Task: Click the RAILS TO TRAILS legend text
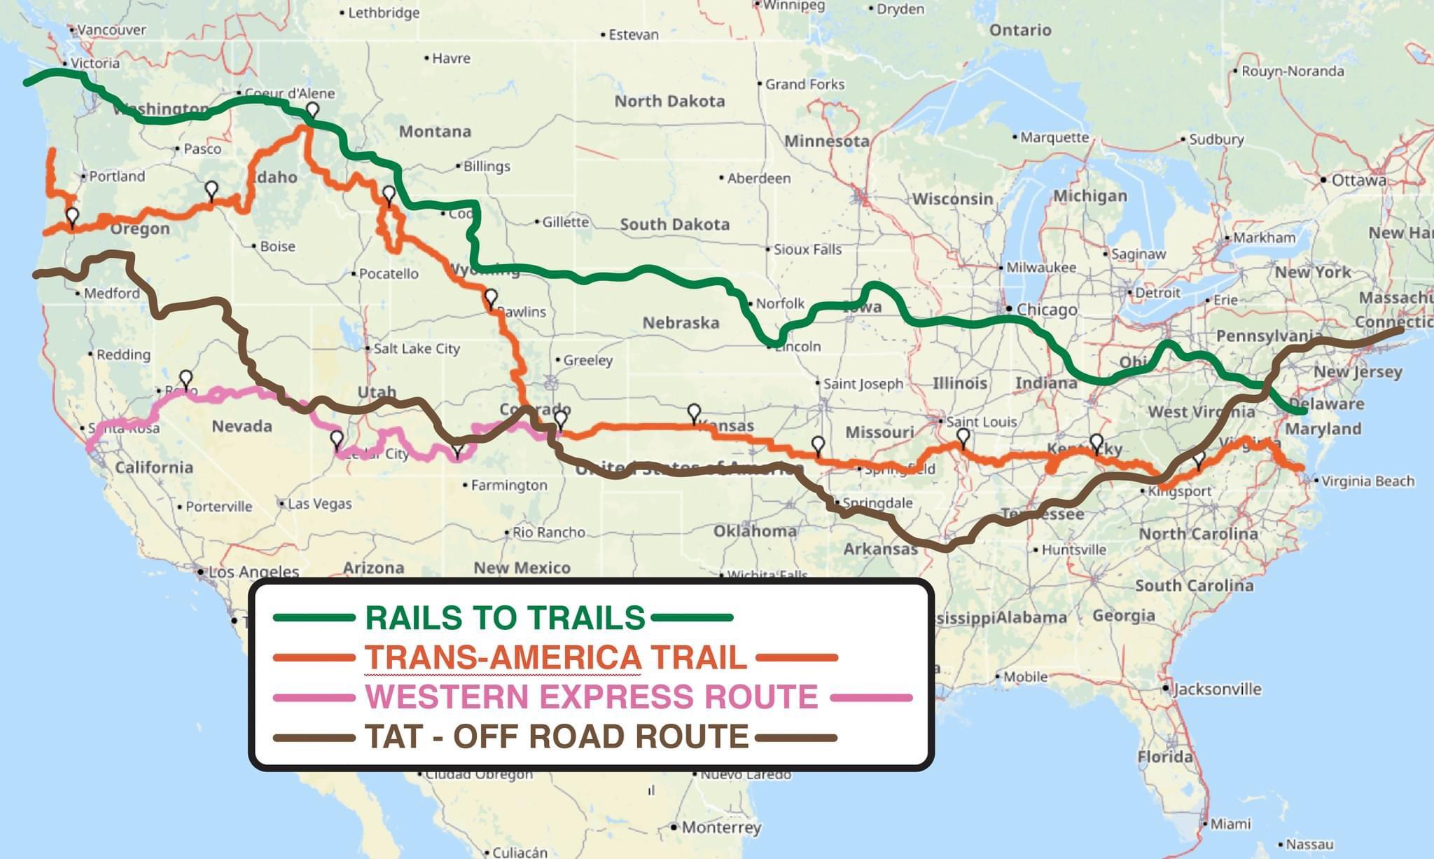pos(505,618)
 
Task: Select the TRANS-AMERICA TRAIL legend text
pos(555,658)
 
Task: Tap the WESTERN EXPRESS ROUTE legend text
pos(592,697)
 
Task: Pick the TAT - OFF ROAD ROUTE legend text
pos(557,737)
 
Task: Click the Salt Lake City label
pos(416,349)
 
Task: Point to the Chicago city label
pos(1046,310)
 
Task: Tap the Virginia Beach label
pos(1367,481)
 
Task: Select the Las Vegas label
pos(319,504)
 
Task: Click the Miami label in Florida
pos(1230,824)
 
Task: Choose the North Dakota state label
pos(669,102)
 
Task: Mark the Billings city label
pos(487,167)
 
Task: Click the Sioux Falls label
pos(807,249)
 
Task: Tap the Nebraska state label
pos(681,323)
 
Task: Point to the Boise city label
pos(277,247)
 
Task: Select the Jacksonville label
pos(1217,689)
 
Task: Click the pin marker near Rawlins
pos(491,298)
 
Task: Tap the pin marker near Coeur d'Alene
pos(313,109)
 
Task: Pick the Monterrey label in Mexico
pos(721,827)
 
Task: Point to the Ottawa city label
pos(1358,181)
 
